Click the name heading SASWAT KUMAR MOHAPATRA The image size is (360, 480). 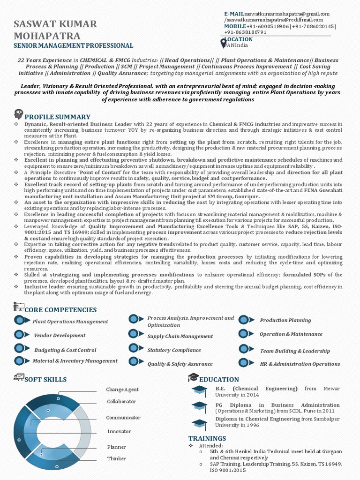click(55, 30)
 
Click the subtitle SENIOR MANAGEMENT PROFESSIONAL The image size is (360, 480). click(73, 45)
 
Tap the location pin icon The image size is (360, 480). click(223, 43)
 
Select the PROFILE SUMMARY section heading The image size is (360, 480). click(57, 117)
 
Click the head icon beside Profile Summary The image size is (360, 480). click(19, 113)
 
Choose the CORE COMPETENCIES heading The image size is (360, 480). click(60, 310)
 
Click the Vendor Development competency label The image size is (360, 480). click(60, 335)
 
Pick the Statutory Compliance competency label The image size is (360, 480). click(174, 350)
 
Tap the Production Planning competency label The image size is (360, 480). click(285, 320)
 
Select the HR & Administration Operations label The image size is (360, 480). click(300, 364)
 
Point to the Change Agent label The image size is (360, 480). click(122, 390)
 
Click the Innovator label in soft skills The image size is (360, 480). click(119, 431)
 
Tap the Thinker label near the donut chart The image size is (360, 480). click(117, 458)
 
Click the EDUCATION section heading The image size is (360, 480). click(219, 379)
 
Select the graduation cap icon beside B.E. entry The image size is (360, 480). click(199, 390)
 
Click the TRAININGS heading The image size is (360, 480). click(207, 438)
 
